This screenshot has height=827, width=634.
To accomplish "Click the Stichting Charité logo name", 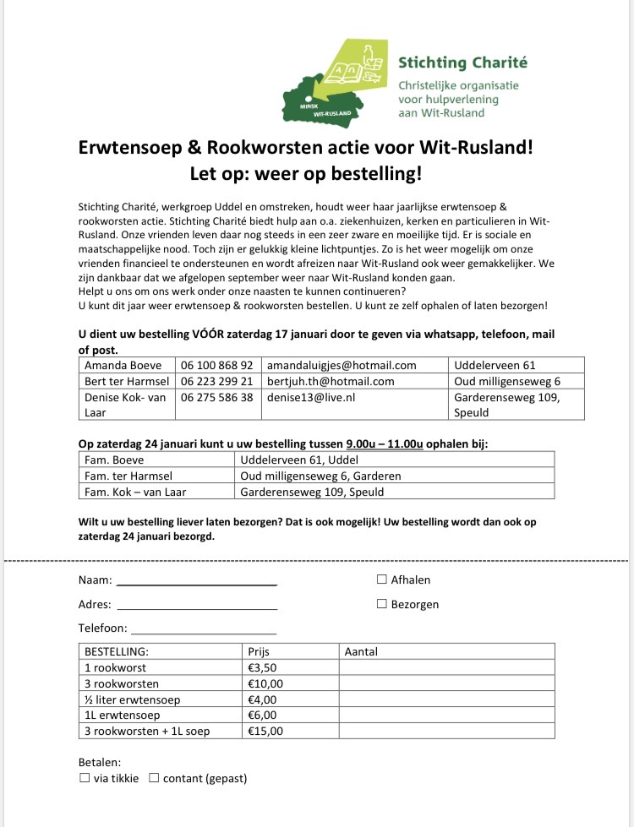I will click(462, 63).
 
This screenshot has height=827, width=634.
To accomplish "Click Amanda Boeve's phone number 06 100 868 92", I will click(216, 365).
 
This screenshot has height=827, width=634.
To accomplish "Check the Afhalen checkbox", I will click(382, 579).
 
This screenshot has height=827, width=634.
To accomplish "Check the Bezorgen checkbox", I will click(382, 604).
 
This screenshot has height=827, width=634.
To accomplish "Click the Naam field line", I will click(196, 583).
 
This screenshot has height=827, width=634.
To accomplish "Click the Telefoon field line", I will click(204, 631).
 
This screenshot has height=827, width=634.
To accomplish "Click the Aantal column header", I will click(361, 651).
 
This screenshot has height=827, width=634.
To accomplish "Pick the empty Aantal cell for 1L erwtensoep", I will click(445, 715).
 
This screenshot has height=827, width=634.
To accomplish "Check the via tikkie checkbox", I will click(84, 778).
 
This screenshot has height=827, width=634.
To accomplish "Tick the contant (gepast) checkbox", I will click(154, 778).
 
